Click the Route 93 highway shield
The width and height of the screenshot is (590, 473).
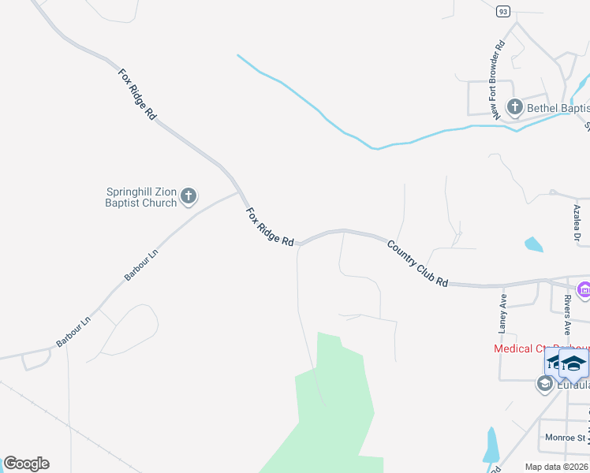coord(503,11)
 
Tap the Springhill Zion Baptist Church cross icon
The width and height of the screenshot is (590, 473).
coord(189,196)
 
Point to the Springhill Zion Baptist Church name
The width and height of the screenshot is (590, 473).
coord(141,196)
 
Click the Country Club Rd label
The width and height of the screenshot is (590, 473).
coord(417,263)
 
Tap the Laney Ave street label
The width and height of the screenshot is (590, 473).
coord(502,313)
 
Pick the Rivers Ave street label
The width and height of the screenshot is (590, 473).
coord(566,315)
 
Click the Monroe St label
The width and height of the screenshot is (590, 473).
coord(563,438)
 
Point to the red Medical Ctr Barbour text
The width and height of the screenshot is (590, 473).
coord(541,348)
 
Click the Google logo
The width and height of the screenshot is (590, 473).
coord(26,464)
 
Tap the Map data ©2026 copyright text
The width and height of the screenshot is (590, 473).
coord(555,467)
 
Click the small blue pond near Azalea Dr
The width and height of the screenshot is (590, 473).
coord(534,244)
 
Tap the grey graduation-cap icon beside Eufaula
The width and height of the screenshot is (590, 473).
coord(544,384)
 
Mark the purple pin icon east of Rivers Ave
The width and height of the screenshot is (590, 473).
coord(584,291)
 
